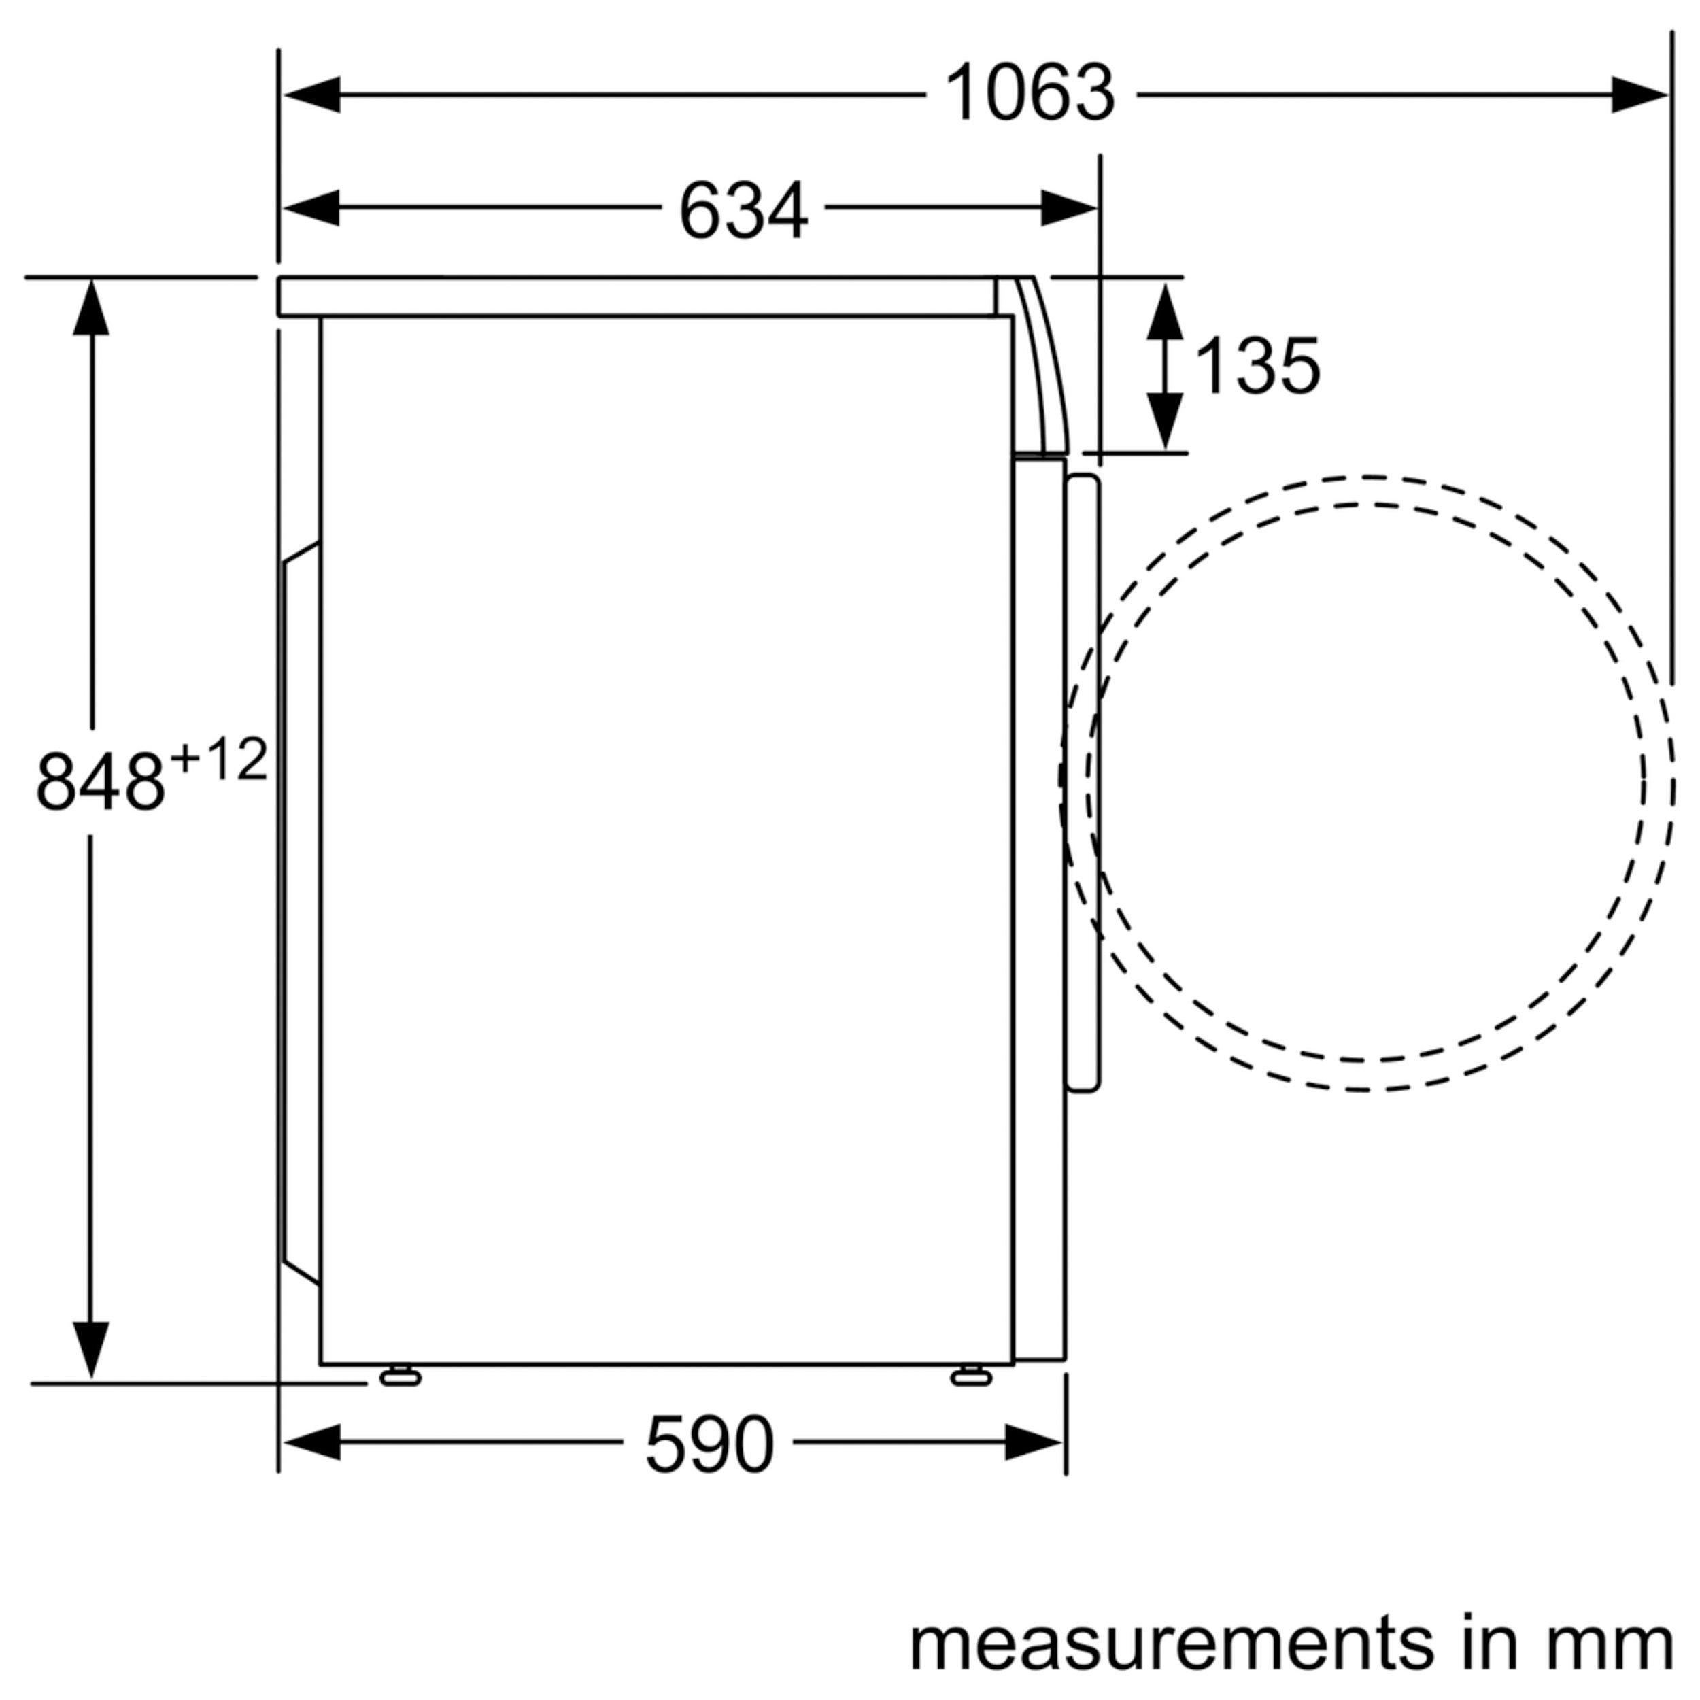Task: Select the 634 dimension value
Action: pos(743,209)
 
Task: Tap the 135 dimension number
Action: pos(1257,365)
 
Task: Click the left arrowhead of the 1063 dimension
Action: pos(311,94)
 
